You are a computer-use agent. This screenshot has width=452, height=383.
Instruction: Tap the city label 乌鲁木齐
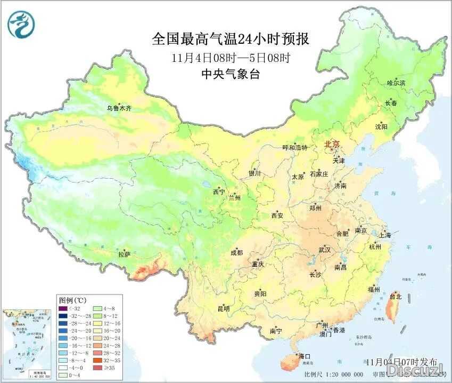(119, 108)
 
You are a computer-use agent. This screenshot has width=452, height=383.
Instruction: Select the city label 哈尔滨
(396, 83)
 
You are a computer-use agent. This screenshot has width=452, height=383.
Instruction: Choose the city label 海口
(305, 356)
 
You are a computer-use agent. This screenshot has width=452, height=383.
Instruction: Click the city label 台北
(396, 296)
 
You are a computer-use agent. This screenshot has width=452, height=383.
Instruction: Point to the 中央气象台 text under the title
(231, 75)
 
